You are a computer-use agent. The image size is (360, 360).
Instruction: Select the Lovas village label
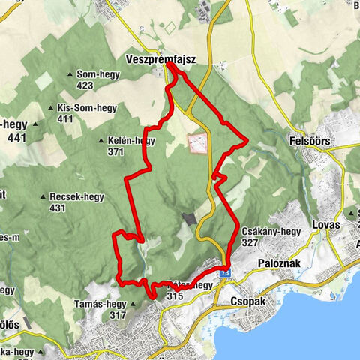[x=324, y=225]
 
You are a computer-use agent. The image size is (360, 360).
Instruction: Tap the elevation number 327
[x=250, y=243]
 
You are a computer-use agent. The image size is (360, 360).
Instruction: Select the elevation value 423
[x=85, y=85]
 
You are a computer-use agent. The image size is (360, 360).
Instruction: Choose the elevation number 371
[x=115, y=151]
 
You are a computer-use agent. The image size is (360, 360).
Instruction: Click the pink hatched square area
[x=197, y=143]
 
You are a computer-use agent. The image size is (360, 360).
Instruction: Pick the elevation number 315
[x=175, y=296]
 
